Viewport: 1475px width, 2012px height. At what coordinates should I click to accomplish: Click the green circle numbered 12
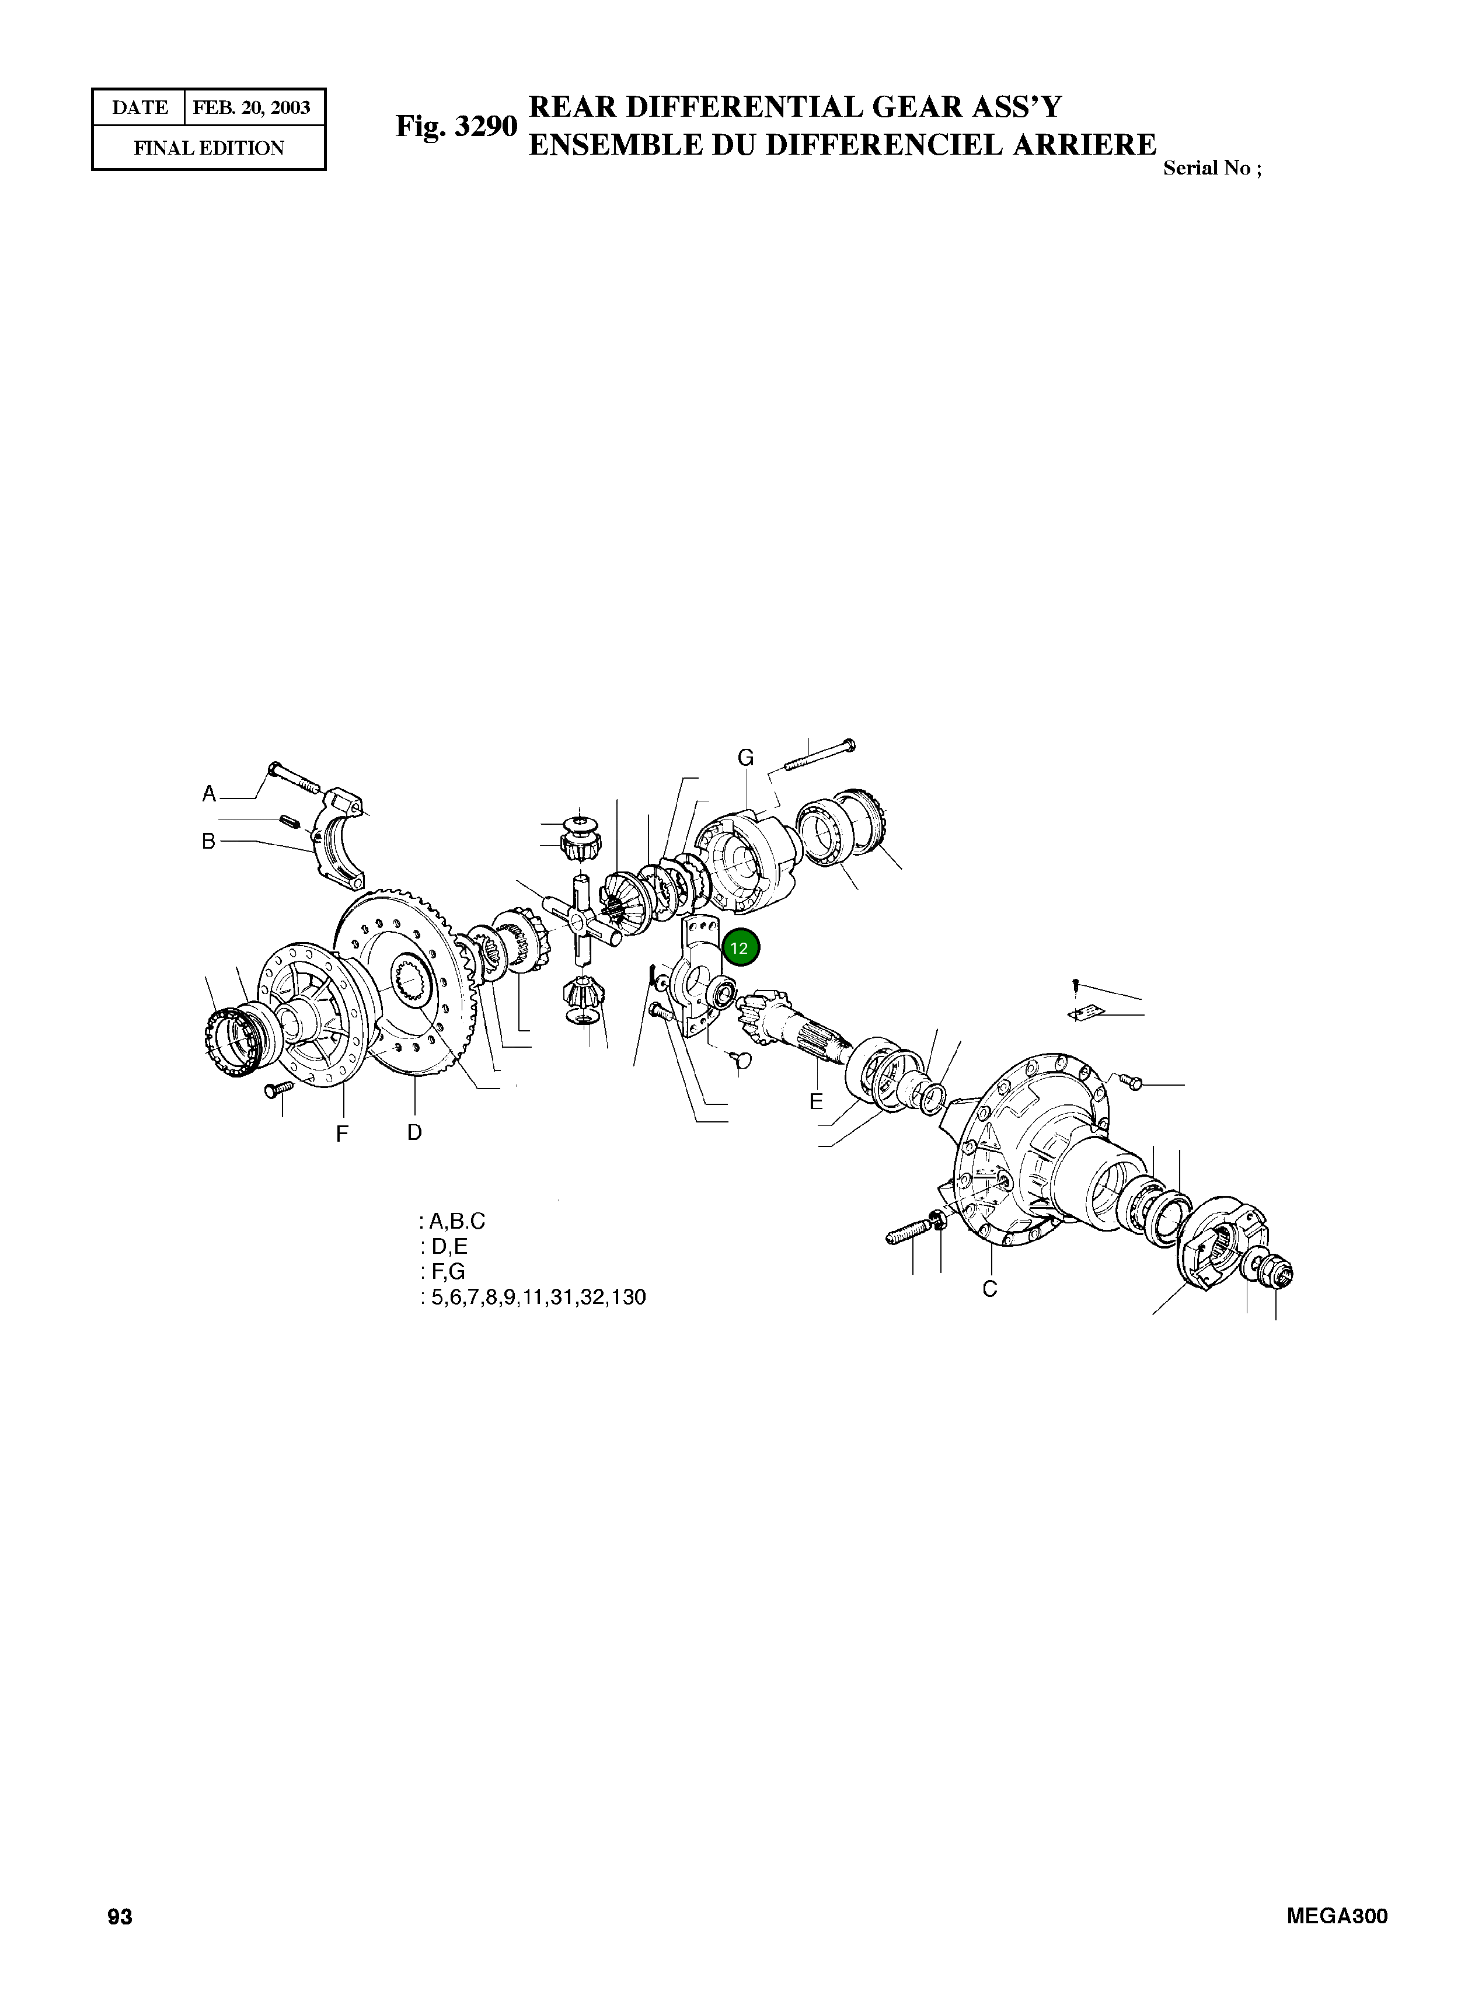[x=740, y=948]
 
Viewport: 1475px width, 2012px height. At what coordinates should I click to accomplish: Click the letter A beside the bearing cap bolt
[x=209, y=794]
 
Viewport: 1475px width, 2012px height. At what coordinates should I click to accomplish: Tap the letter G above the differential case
[x=745, y=758]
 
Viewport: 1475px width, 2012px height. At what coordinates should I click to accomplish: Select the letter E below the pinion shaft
[x=816, y=1101]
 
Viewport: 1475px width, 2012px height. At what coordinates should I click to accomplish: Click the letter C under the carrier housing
[x=989, y=1289]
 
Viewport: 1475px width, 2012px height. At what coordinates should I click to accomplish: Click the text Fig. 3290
[x=456, y=126]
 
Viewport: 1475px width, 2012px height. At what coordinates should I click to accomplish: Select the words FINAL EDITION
[x=209, y=148]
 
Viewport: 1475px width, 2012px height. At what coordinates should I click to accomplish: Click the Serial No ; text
[x=1212, y=169]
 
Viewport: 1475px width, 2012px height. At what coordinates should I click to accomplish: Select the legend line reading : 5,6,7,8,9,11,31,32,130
[x=532, y=1297]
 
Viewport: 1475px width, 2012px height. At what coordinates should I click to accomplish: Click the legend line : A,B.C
[x=453, y=1221]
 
